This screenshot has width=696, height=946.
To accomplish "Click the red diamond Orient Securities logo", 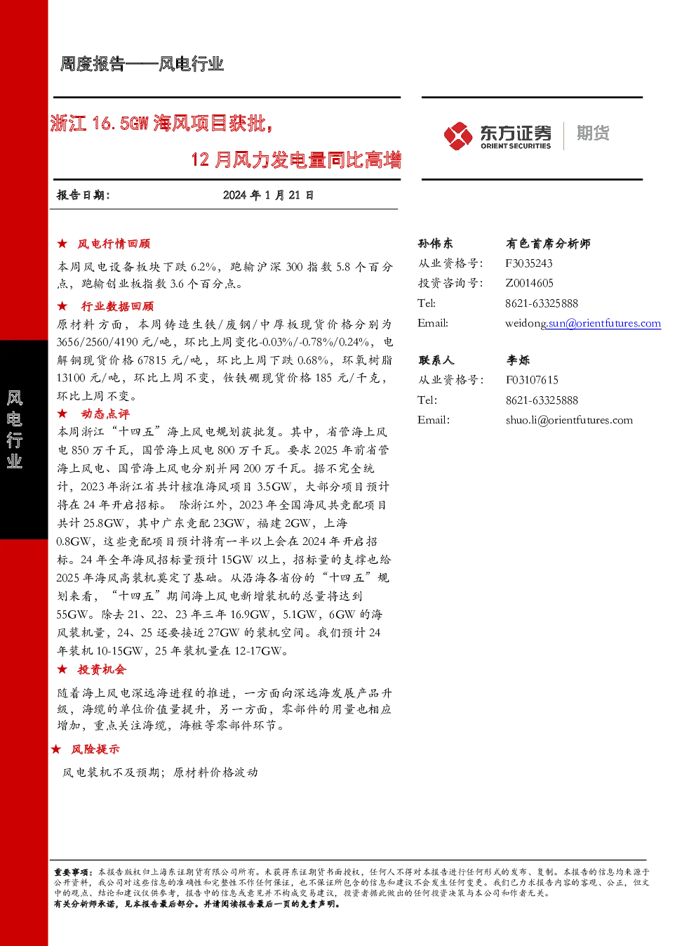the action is coord(458,136).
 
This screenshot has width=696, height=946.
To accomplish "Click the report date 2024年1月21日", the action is coord(268,195).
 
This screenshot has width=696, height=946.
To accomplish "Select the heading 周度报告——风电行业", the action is coord(142,64).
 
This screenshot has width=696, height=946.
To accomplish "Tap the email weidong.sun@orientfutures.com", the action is coord(583,323).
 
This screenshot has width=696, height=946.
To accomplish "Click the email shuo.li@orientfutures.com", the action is coord(569,420).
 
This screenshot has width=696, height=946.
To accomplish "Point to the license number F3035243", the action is coord(529,263).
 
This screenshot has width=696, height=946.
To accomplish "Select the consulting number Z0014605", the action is coord(530,283).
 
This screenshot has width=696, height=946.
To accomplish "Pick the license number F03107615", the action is coord(532,380).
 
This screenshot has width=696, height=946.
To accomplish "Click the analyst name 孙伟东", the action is coord(435,243).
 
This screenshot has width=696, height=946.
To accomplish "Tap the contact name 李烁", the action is coord(518,360).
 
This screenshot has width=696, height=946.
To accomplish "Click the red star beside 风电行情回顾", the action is coord(62,243).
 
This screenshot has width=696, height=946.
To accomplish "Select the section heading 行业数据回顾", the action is coord(117,306).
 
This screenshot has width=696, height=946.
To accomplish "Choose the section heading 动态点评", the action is coord(105,414).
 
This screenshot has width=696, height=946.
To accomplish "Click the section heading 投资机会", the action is coord(102,669).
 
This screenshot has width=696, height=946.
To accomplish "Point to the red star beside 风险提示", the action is coord(56,749).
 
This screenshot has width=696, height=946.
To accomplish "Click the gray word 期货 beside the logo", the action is coord(593,133).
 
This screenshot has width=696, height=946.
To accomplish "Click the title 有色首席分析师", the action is coord(549,243).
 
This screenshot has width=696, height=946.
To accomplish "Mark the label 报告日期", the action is coord(83,195).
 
